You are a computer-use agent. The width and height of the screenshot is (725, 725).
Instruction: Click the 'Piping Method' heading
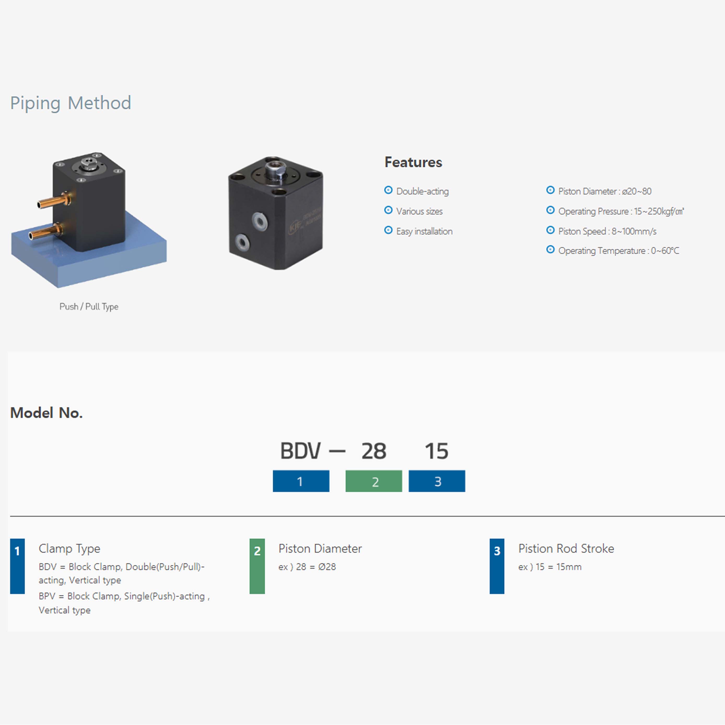coord(71,103)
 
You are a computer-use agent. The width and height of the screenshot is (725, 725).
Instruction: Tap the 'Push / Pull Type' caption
coord(89,307)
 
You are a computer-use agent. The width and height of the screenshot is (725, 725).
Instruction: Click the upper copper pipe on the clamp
coord(52,202)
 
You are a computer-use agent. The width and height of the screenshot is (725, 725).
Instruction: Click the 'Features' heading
coord(413,162)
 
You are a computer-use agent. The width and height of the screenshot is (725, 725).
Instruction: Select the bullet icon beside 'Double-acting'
coord(388,190)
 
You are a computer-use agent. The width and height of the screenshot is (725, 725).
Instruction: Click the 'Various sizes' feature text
coord(419,211)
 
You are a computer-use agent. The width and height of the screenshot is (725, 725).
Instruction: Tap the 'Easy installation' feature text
coord(424,231)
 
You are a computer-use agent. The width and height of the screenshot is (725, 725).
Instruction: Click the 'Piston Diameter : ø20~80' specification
coord(605,191)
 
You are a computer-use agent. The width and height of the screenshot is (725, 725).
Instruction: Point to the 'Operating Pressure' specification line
coord(621,211)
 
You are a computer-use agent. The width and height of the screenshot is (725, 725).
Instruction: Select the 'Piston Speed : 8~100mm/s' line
coord(607,231)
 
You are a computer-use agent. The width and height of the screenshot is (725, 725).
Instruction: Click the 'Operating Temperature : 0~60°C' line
coord(618,251)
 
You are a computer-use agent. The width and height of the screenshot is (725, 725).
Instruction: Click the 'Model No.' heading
coord(46,413)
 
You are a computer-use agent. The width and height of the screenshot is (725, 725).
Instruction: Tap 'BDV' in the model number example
coord(301,451)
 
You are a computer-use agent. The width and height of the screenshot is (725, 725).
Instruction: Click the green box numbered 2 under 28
coord(374,481)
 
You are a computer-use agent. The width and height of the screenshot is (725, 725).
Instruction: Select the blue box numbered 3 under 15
coord(437,481)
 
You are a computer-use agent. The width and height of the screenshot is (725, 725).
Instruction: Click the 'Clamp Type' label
coord(69,549)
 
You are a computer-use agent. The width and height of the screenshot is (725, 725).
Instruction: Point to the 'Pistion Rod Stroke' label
coord(566,549)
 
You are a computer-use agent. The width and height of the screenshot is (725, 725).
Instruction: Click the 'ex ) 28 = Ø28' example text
coord(307,567)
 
